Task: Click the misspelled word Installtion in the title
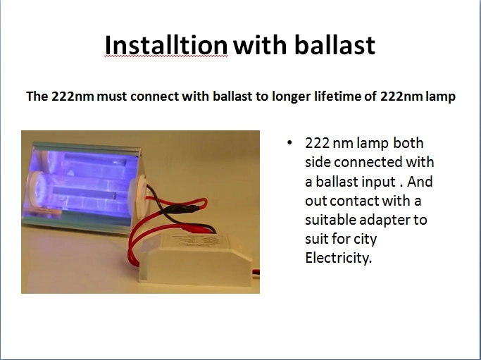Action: point(166,45)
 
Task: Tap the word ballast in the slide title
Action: point(335,45)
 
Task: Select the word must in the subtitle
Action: point(112,97)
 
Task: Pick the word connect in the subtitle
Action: point(155,97)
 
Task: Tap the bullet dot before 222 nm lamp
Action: point(289,143)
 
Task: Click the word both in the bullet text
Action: point(408,143)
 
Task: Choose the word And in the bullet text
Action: point(420,181)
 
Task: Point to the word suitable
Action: point(330,220)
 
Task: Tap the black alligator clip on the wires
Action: point(180,209)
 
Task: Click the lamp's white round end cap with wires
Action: point(139,197)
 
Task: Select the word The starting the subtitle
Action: point(37,97)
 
